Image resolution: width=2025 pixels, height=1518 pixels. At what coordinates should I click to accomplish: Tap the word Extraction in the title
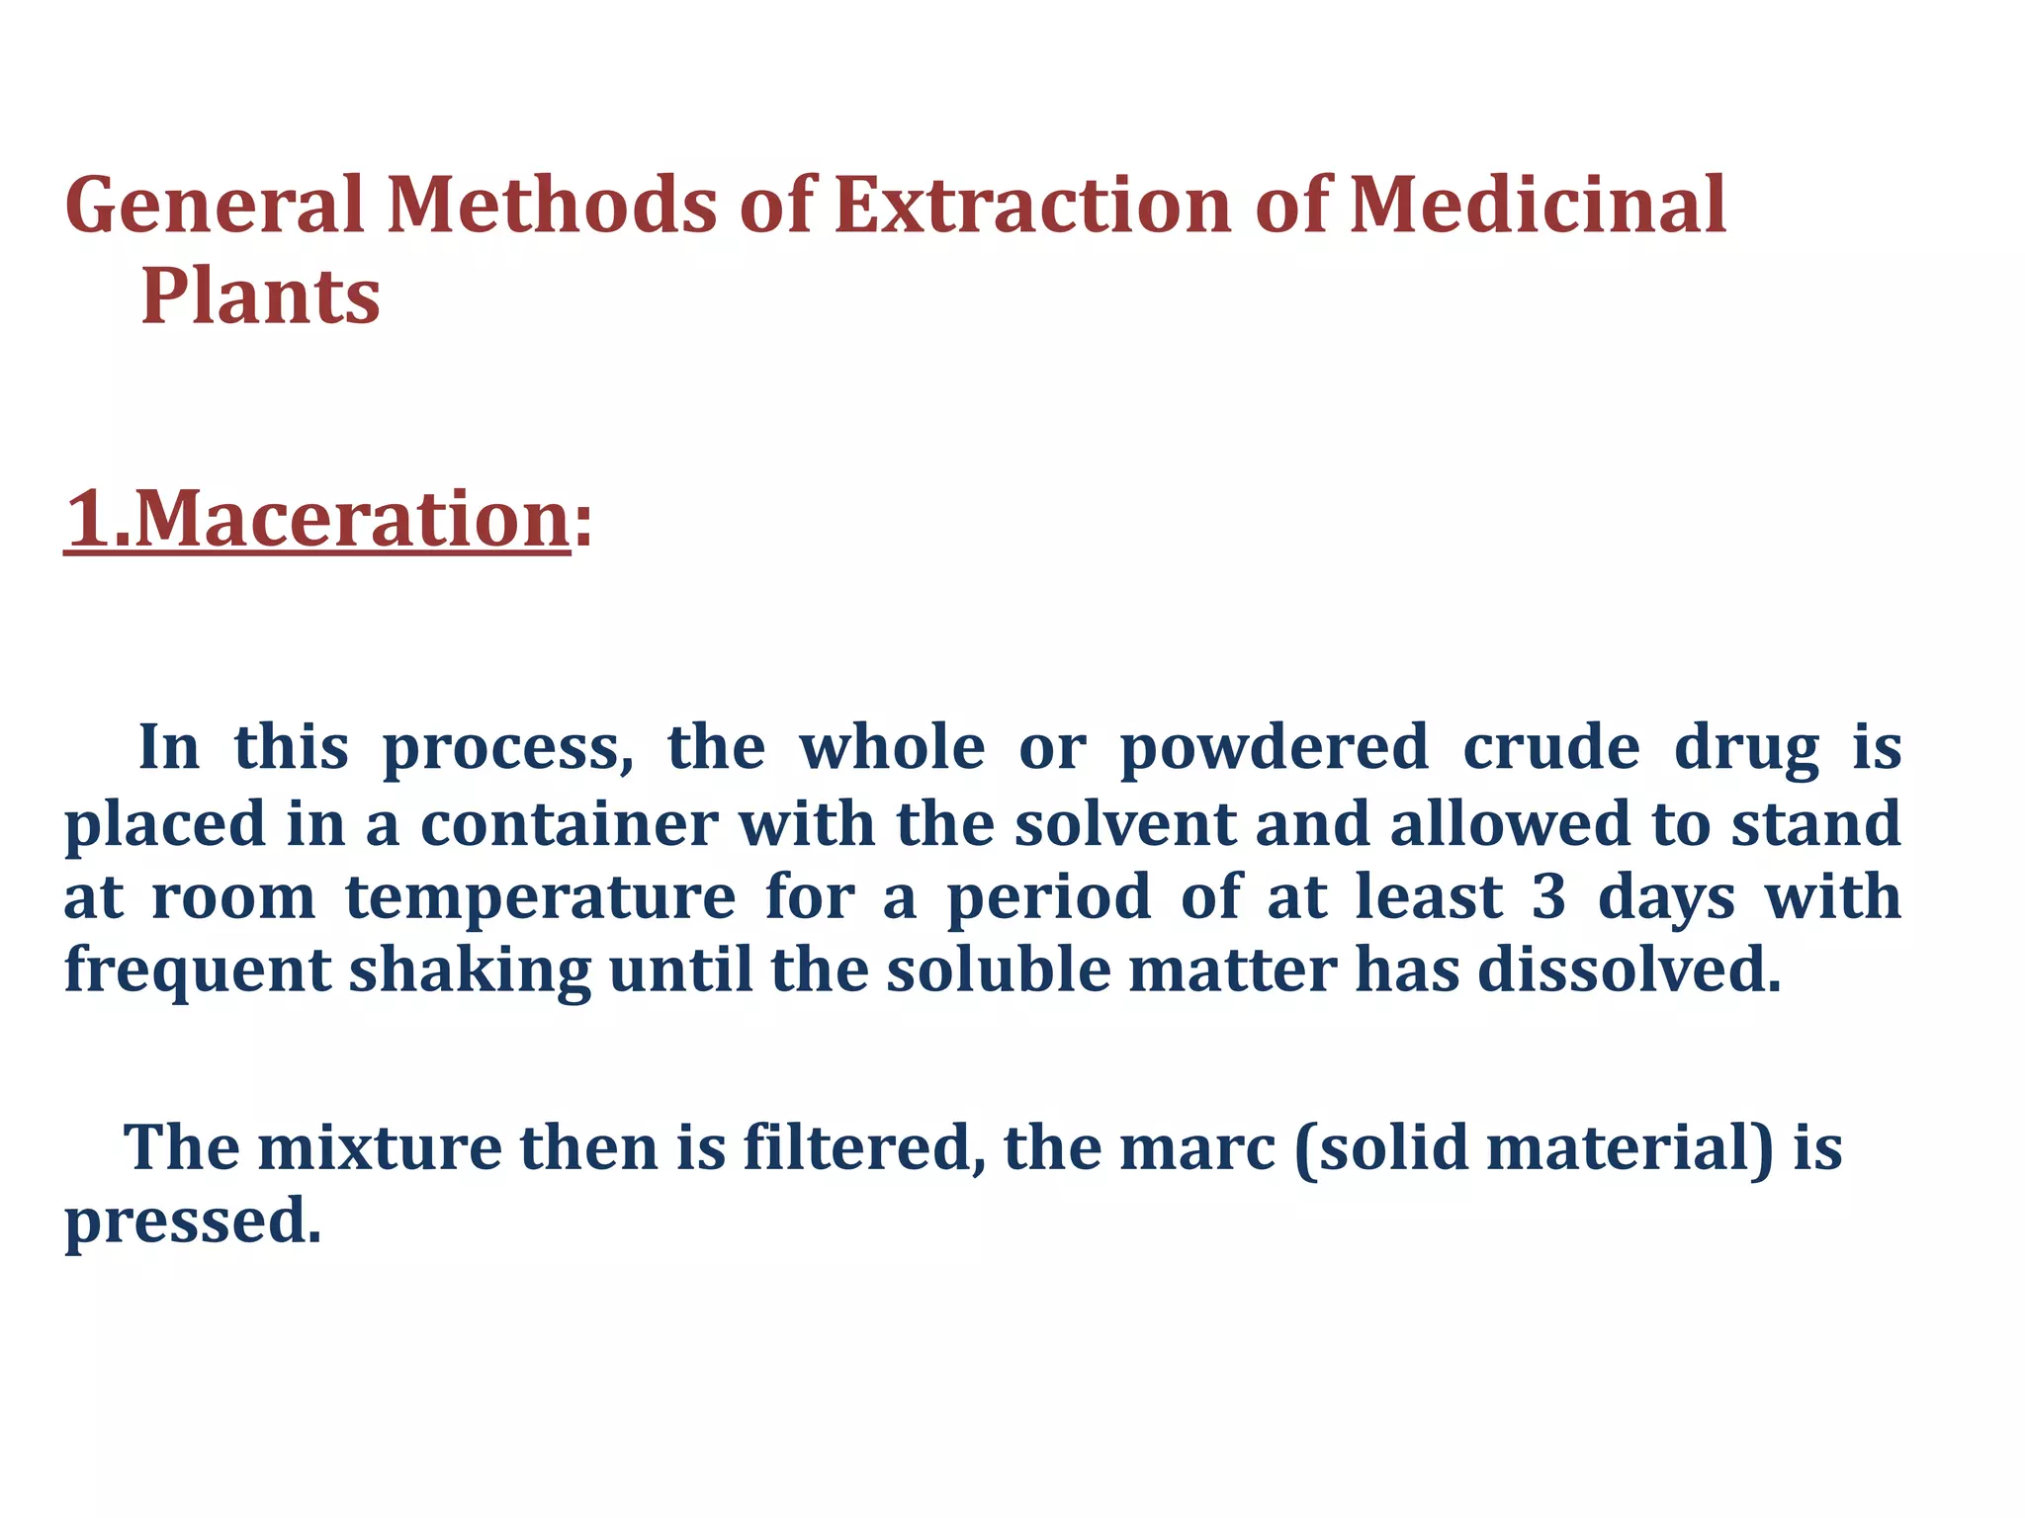click(1032, 206)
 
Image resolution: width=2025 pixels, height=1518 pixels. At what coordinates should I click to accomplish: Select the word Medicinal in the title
click(1538, 206)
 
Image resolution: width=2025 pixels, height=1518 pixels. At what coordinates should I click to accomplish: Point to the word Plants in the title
click(261, 296)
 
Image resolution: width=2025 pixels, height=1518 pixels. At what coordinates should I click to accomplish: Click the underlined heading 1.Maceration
click(316, 519)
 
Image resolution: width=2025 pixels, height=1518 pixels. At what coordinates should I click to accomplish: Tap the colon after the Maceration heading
click(583, 524)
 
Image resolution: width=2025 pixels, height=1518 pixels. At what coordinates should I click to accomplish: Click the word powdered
click(1275, 748)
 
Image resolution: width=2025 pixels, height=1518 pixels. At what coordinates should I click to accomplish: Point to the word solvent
click(1125, 824)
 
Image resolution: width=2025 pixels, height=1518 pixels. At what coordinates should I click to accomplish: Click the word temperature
click(540, 898)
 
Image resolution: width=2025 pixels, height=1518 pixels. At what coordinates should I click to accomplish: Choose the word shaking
click(470, 971)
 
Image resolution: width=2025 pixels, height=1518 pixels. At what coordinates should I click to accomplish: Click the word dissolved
click(1629, 971)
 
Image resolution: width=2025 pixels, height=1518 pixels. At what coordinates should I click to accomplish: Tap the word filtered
click(864, 1148)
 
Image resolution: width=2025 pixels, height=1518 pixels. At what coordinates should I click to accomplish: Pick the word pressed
click(193, 1223)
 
